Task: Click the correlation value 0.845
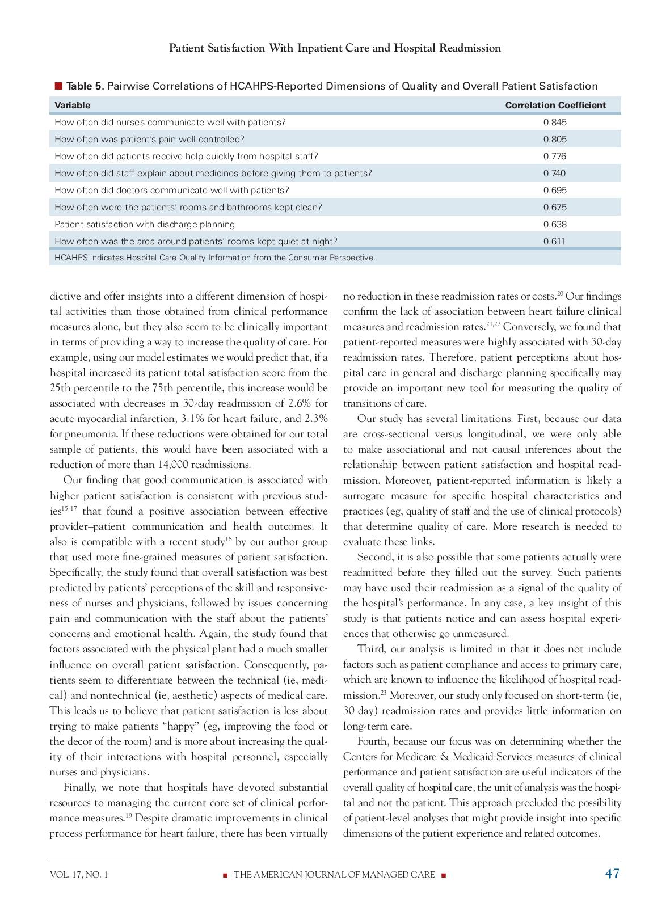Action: (x=554, y=122)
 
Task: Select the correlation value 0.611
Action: (x=554, y=241)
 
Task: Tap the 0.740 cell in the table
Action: (x=554, y=173)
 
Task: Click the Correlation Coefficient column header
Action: (x=555, y=105)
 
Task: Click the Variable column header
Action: (x=72, y=105)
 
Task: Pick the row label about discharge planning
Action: (x=144, y=224)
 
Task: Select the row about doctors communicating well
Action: (x=171, y=190)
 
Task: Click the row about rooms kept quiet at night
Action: (x=195, y=241)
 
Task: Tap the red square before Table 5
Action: (x=58, y=86)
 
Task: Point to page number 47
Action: (x=612, y=874)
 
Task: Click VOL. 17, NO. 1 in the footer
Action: (x=78, y=875)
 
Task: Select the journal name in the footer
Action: (x=334, y=875)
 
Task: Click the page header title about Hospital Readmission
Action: (x=335, y=48)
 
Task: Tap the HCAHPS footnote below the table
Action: (x=214, y=258)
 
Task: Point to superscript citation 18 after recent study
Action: (x=228, y=539)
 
